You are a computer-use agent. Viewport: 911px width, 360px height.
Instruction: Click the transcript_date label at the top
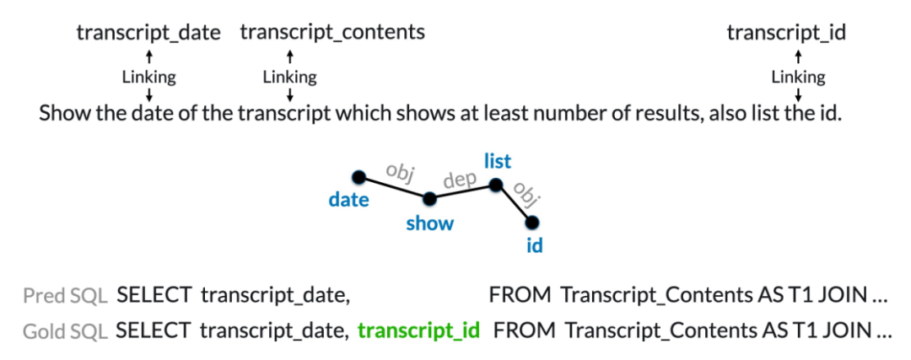point(148,33)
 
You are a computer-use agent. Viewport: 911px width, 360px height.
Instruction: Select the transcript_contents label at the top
point(332,33)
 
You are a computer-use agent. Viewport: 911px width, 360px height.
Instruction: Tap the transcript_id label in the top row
point(786,33)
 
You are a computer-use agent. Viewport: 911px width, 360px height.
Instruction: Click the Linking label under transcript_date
point(148,78)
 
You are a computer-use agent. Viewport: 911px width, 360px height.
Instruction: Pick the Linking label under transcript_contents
point(289,78)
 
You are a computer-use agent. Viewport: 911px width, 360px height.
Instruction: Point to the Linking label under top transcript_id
point(798,78)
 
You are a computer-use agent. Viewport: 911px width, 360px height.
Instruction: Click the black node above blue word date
point(358,177)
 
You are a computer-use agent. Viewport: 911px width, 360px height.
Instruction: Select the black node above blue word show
point(429,200)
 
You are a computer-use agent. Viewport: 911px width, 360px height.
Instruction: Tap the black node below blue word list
point(495,185)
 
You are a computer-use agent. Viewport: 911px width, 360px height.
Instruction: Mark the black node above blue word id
point(532,222)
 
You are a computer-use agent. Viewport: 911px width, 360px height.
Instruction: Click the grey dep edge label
point(461,180)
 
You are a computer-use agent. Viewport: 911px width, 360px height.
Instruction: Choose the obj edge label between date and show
point(397,171)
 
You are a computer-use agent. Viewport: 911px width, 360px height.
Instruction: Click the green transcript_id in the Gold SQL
point(418,330)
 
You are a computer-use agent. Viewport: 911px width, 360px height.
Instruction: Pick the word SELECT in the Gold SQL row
point(153,330)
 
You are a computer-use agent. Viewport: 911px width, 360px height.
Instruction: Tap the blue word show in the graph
point(429,223)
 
